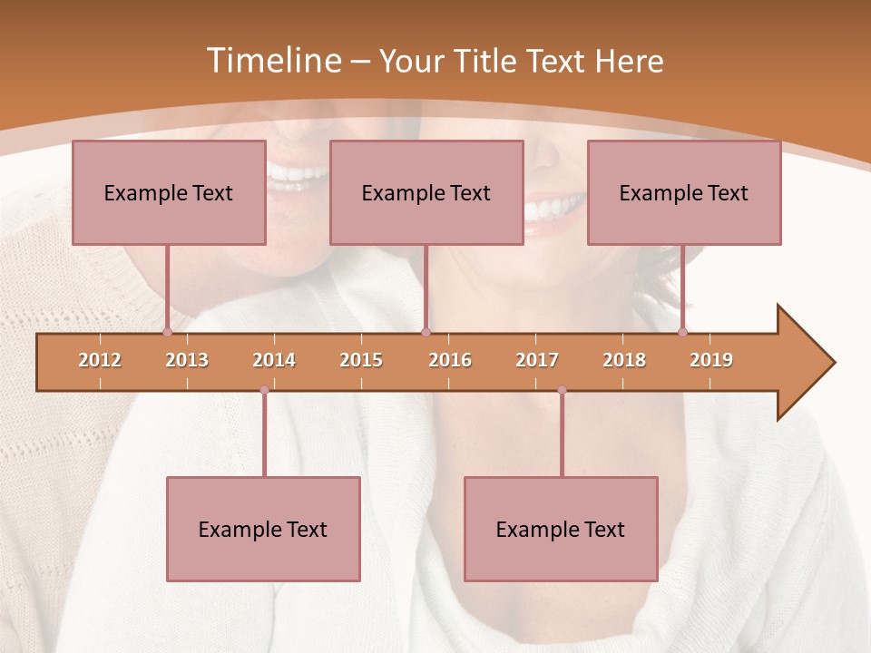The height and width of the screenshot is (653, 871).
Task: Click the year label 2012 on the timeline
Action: [100, 360]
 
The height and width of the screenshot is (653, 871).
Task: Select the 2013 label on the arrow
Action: [187, 360]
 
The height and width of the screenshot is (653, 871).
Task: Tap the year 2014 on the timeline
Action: [274, 360]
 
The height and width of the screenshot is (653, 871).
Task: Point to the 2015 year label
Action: [361, 360]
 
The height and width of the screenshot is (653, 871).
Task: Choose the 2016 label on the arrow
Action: [450, 360]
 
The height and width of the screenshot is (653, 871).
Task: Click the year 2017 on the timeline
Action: [537, 360]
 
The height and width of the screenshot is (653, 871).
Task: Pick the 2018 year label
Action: [624, 360]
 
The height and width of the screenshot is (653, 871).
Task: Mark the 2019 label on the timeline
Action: [711, 360]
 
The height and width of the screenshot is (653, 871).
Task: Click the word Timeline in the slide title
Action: [272, 61]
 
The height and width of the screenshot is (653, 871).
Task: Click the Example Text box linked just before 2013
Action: [169, 192]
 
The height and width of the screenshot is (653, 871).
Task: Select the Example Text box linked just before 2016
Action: [426, 192]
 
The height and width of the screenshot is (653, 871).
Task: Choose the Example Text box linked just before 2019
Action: [684, 192]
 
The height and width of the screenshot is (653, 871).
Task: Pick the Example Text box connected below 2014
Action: [263, 529]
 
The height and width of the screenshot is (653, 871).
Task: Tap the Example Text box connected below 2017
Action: [561, 529]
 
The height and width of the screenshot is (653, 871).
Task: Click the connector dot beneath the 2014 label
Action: [264, 390]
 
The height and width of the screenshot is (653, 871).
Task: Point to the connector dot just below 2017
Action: [562, 390]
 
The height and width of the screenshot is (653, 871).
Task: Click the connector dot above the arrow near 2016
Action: [426, 332]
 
